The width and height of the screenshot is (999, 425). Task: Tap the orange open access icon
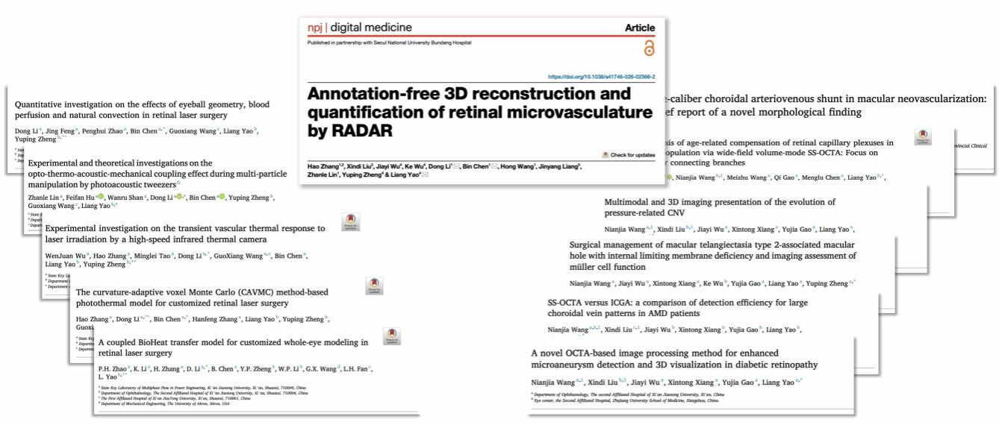648,48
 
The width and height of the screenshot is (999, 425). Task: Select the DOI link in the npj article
601,77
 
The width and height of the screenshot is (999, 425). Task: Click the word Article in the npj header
639,28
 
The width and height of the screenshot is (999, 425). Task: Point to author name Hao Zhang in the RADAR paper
323,165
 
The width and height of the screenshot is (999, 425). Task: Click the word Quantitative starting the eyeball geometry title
40,104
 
